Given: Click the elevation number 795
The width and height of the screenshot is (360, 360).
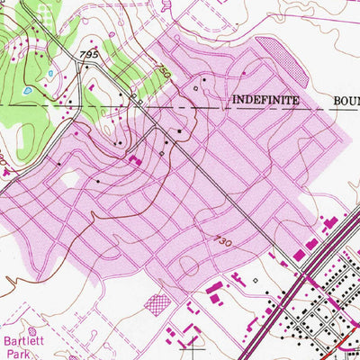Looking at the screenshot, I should click(88, 56).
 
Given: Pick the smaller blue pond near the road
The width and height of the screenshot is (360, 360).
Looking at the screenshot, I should click(51, 75).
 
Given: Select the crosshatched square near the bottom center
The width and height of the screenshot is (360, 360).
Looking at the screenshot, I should click(157, 303).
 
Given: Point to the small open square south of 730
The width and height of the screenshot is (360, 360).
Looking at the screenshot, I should click(255, 280).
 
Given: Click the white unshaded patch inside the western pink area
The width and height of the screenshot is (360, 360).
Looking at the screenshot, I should click(70, 180).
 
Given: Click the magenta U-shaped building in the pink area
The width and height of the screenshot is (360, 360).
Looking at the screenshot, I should click(135, 160).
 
